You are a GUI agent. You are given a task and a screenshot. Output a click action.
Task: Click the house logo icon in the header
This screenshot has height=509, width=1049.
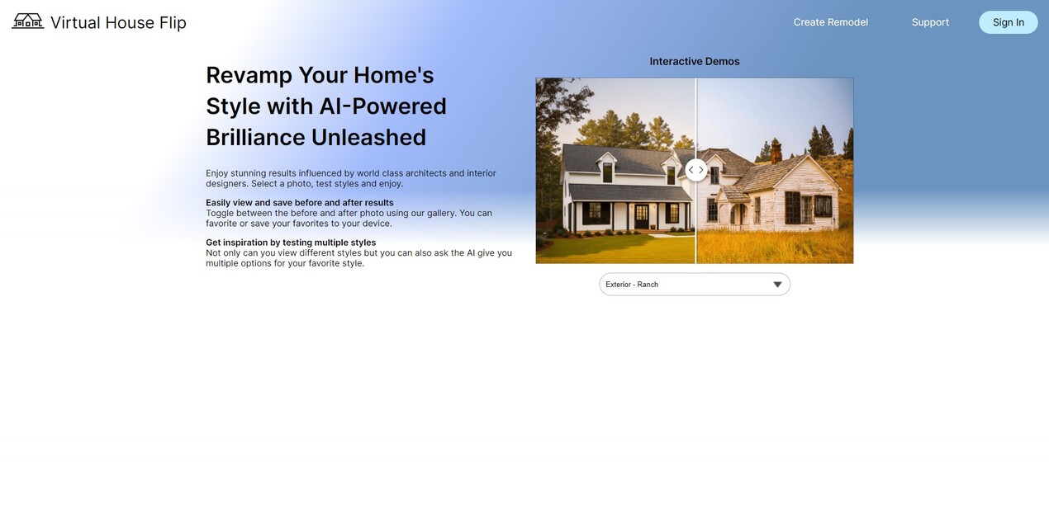27,21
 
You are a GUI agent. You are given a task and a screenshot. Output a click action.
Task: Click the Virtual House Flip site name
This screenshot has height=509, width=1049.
118,22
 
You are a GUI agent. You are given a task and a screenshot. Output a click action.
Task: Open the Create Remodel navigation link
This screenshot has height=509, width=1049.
830,22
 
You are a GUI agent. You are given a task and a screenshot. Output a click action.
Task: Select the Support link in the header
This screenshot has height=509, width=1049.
930,22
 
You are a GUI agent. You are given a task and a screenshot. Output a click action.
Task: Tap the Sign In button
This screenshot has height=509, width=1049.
1008,22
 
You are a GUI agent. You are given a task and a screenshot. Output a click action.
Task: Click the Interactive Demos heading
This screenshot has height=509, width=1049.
694,62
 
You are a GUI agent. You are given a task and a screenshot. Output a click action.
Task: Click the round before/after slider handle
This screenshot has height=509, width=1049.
695,170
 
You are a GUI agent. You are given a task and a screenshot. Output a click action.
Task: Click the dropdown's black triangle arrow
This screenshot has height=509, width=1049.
776,285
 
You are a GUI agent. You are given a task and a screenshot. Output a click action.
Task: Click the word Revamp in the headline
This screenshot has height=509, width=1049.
249,75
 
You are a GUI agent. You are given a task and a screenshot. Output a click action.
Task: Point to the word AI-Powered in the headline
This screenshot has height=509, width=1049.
382,106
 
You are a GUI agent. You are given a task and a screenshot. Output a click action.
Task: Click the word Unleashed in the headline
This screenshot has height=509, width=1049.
368,138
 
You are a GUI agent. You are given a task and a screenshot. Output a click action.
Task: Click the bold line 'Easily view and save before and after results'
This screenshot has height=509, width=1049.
299,203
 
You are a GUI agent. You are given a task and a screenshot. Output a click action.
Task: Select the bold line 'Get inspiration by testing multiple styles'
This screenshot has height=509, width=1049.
290,243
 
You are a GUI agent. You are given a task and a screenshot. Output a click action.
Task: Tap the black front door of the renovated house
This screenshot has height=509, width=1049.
642,216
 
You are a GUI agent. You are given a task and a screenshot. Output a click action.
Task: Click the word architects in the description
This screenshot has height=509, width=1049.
425,173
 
